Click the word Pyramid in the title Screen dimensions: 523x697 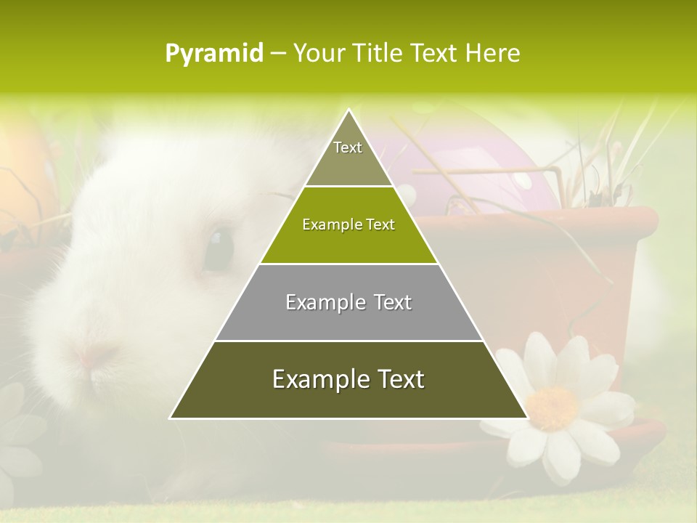pos(214,54)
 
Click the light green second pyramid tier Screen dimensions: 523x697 pos(348,240)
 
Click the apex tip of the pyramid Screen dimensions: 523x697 pos(348,111)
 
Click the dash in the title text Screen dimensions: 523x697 pos(278,54)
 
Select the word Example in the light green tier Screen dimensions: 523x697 pos(325,224)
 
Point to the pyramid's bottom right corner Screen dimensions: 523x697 pos(527,418)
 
